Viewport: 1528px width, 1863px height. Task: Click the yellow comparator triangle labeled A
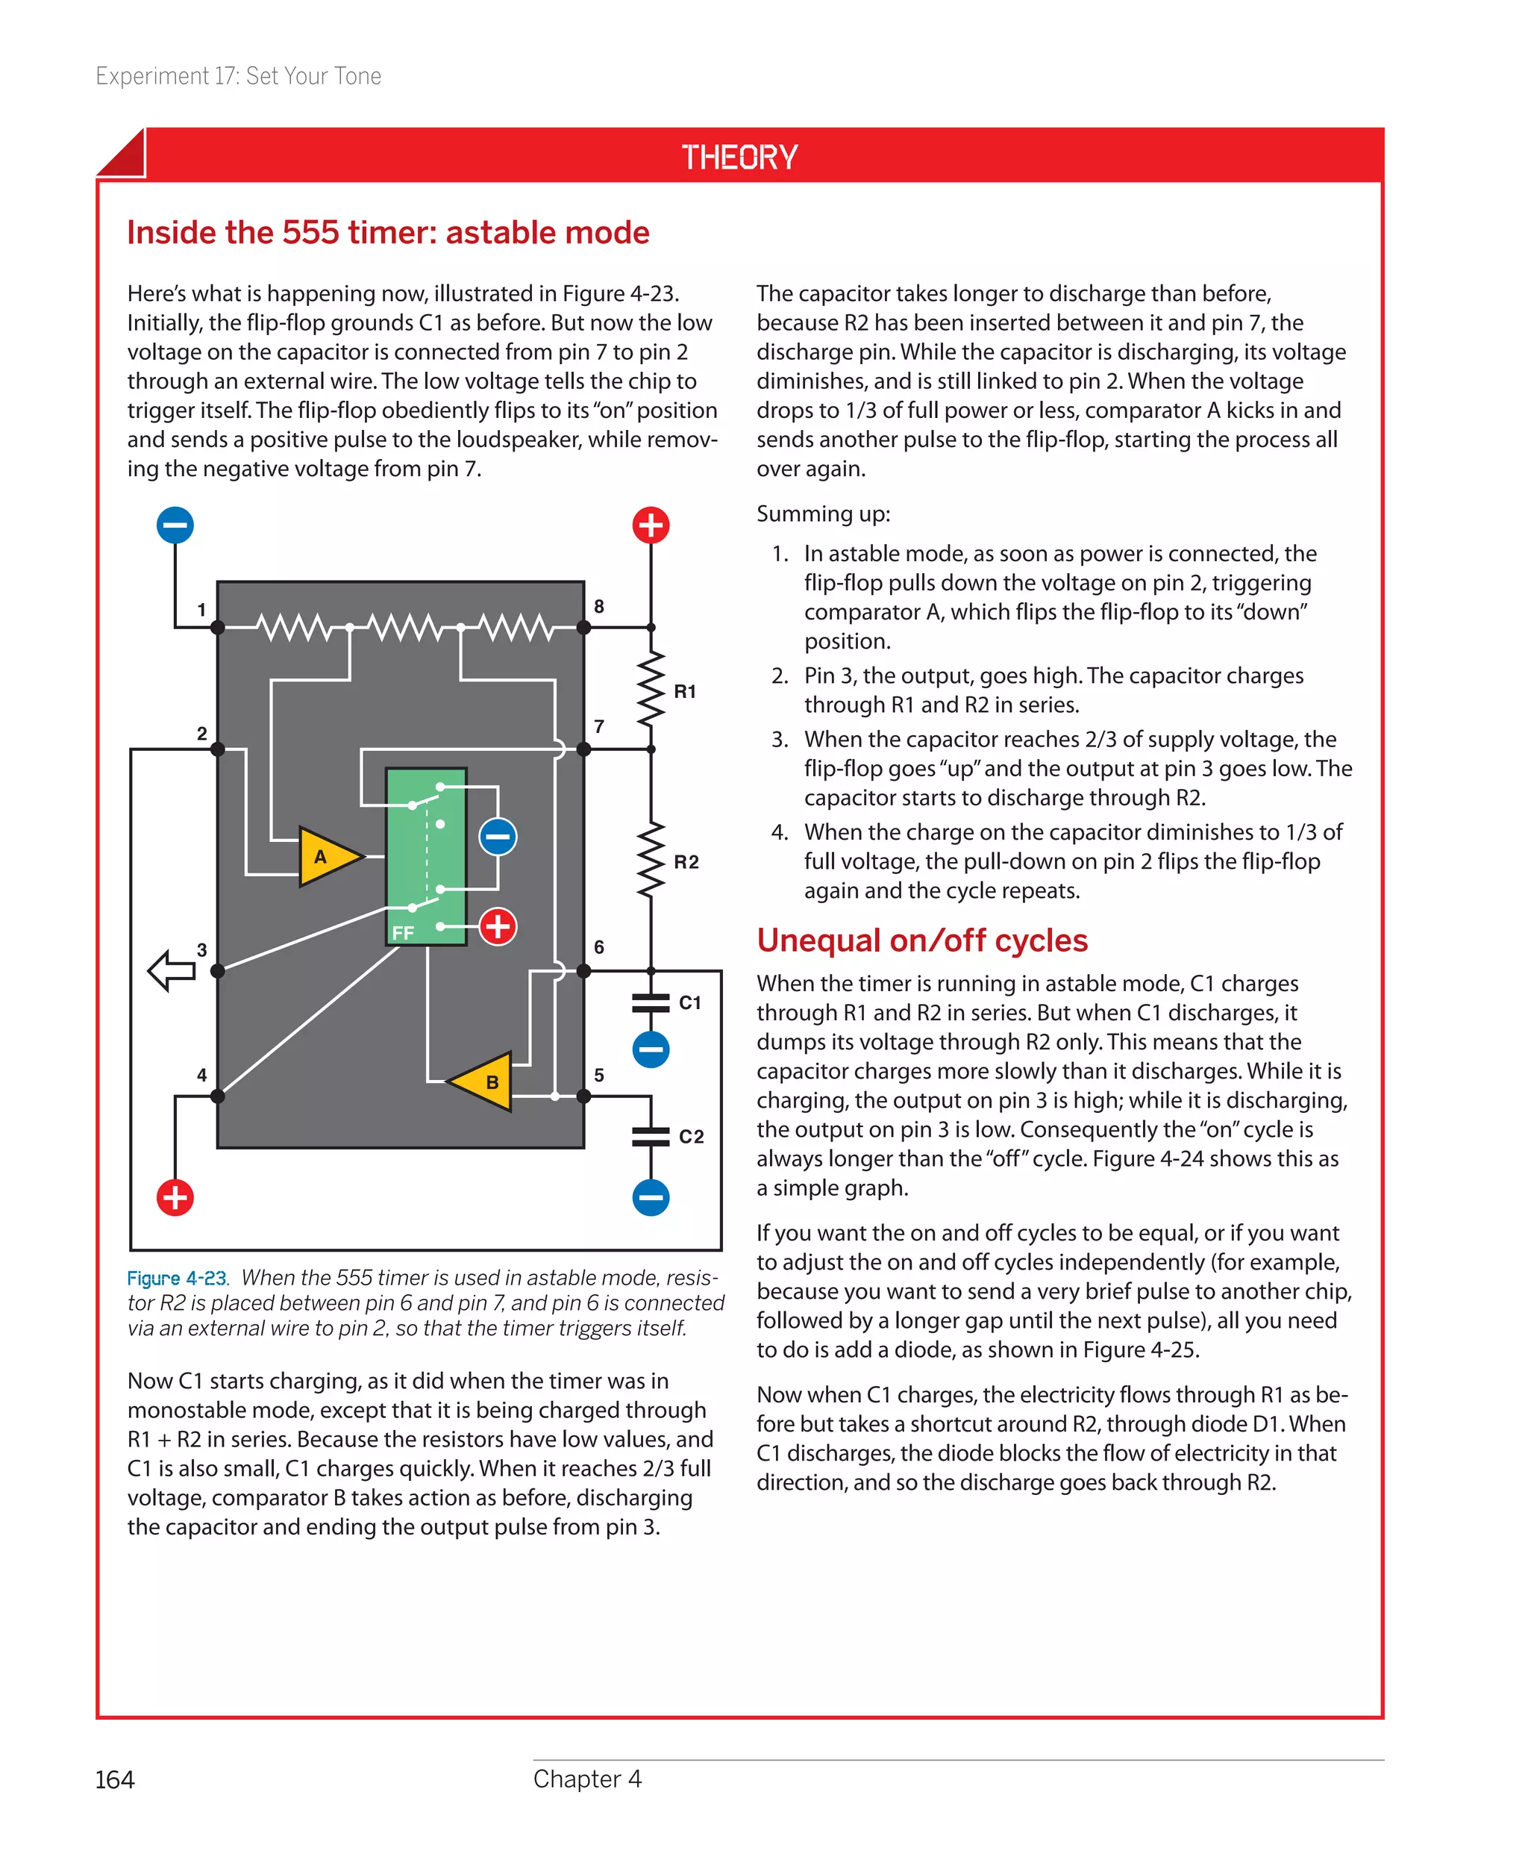[x=325, y=856]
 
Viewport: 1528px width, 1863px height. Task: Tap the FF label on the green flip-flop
[x=402, y=932]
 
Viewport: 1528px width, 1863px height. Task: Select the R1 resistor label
[x=685, y=692]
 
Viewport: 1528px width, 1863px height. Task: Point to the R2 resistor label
[x=686, y=862]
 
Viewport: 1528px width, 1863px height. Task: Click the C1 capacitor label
[x=690, y=1003]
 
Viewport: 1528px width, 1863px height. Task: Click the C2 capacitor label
[x=691, y=1137]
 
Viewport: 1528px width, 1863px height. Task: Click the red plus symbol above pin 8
[x=651, y=525]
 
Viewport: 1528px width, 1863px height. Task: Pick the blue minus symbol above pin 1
[x=175, y=525]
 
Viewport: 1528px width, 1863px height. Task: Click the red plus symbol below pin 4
[x=175, y=1197]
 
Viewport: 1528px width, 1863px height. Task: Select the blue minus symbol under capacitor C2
[x=651, y=1197]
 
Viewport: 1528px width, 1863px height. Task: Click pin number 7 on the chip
[x=598, y=726]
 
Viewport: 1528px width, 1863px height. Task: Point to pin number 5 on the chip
[x=598, y=1075]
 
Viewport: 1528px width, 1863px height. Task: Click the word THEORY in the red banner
[x=739, y=157]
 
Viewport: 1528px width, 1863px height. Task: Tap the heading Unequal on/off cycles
[x=921, y=940]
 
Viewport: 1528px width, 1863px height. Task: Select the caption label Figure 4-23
[x=177, y=1278]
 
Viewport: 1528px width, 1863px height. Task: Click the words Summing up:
[x=823, y=514]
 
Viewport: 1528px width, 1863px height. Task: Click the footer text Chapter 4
[x=587, y=1779]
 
